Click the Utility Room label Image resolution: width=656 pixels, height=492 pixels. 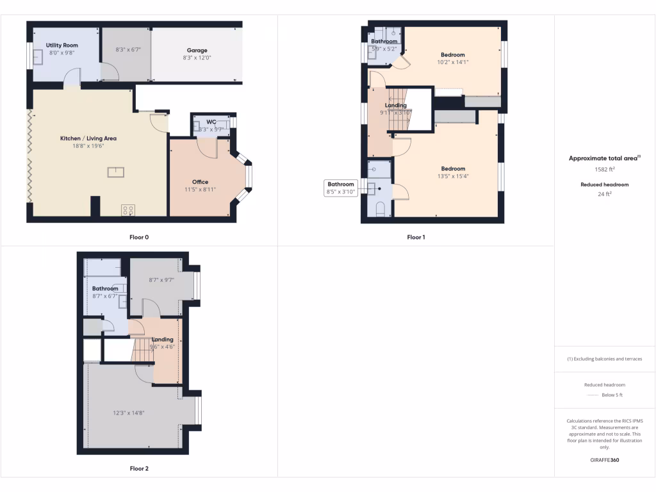(x=61, y=45)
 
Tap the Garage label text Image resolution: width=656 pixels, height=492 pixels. (x=197, y=50)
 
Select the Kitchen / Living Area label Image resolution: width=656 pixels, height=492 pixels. (x=88, y=138)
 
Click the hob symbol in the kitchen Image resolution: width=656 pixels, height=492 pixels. (x=127, y=209)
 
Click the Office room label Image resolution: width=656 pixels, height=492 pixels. (x=200, y=182)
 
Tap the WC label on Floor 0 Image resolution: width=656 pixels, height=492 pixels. (x=211, y=122)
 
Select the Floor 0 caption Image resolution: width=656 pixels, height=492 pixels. (x=139, y=237)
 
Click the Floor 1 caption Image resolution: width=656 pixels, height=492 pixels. (x=416, y=237)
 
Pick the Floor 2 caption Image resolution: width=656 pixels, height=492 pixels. (x=139, y=469)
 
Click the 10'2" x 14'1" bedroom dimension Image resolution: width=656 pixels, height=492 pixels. (x=453, y=62)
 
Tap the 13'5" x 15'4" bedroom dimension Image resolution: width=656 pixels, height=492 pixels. (x=453, y=176)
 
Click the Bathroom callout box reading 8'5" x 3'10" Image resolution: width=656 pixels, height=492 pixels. (x=341, y=188)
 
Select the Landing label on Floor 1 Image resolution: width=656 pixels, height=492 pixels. (x=396, y=105)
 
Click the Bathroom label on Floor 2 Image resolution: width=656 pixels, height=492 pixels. (x=105, y=289)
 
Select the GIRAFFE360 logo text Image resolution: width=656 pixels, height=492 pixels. (x=605, y=460)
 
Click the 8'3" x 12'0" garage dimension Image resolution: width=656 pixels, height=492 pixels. (x=197, y=58)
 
